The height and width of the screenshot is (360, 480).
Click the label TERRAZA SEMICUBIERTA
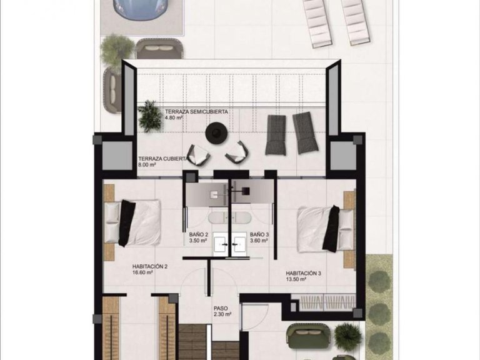(196, 112)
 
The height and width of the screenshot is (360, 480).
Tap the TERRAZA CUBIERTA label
(162, 159)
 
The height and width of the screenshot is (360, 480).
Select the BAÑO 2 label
(199, 234)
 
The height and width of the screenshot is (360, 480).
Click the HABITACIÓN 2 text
(132, 266)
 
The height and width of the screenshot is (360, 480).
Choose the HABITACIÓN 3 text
(304, 273)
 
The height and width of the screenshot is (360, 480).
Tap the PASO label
(220, 308)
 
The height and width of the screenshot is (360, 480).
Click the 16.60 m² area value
(125, 272)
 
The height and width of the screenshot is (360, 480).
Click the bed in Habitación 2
(134, 222)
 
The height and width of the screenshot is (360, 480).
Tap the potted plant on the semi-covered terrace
(150, 116)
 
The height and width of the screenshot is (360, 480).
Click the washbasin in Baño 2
(221, 243)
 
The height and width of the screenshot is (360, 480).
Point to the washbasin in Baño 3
(240, 243)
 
